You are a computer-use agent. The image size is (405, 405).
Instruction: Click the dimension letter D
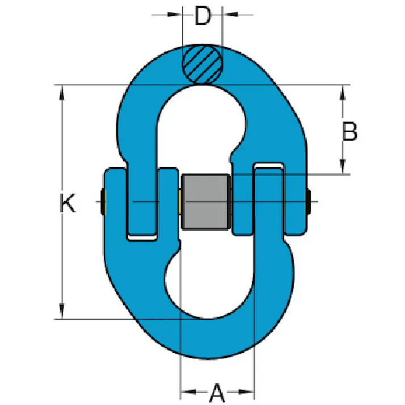pos(203,16)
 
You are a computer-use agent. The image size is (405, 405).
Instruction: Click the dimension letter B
pos(350,131)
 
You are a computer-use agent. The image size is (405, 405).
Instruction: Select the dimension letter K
pos(68,202)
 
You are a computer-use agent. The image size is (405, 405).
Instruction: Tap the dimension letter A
pos(217,393)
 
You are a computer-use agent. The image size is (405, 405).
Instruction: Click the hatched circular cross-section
pos(202,65)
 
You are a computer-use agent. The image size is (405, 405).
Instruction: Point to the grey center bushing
pos(206,202)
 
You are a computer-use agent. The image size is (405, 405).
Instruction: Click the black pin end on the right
pos(308,202)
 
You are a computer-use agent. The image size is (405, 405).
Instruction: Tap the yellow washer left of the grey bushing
pos(179,202)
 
